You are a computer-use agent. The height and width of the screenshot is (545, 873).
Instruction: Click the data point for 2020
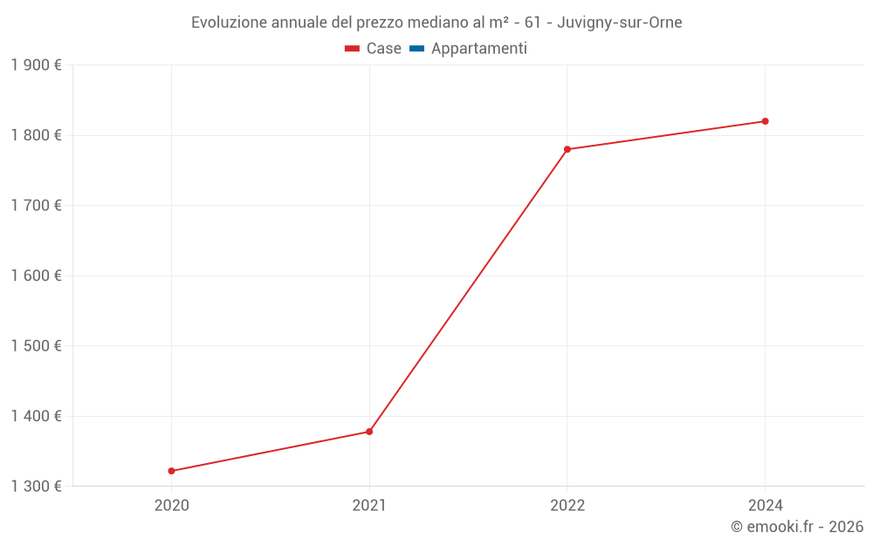click(171, 471)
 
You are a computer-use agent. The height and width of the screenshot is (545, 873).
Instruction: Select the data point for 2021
click(369, 432)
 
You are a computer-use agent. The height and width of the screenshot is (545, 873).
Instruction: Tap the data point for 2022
click(567, 149)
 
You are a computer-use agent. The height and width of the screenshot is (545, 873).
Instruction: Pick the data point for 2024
click(765, 121)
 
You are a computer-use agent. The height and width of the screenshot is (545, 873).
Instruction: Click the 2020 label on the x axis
click(171, 505)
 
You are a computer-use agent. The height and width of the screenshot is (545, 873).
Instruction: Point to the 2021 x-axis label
click(369, 505)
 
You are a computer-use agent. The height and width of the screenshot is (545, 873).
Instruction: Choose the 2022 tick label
click(567, 505)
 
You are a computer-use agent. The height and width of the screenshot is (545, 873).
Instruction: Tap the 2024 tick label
click(765, 505)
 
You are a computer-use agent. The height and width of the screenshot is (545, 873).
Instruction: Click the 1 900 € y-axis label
click(36, 65)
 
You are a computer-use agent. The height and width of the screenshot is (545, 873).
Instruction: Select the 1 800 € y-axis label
click(36, 135)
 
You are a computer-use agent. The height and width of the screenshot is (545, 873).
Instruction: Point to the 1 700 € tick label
click(36, 206)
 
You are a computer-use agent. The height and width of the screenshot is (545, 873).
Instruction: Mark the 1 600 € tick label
click(36, 276)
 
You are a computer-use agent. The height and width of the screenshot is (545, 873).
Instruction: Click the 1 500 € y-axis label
click(36, 346)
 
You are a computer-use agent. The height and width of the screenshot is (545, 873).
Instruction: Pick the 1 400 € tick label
click(36, 416)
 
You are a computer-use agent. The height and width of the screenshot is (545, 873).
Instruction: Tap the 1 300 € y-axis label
click(36, 486)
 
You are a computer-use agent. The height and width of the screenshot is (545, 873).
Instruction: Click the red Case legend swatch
click(352, 49)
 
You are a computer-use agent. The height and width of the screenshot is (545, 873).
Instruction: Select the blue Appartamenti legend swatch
click(416, 49)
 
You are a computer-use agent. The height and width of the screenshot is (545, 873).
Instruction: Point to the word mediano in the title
click(436, 23)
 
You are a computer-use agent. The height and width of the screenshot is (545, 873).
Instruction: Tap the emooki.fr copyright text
click(797, 527)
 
